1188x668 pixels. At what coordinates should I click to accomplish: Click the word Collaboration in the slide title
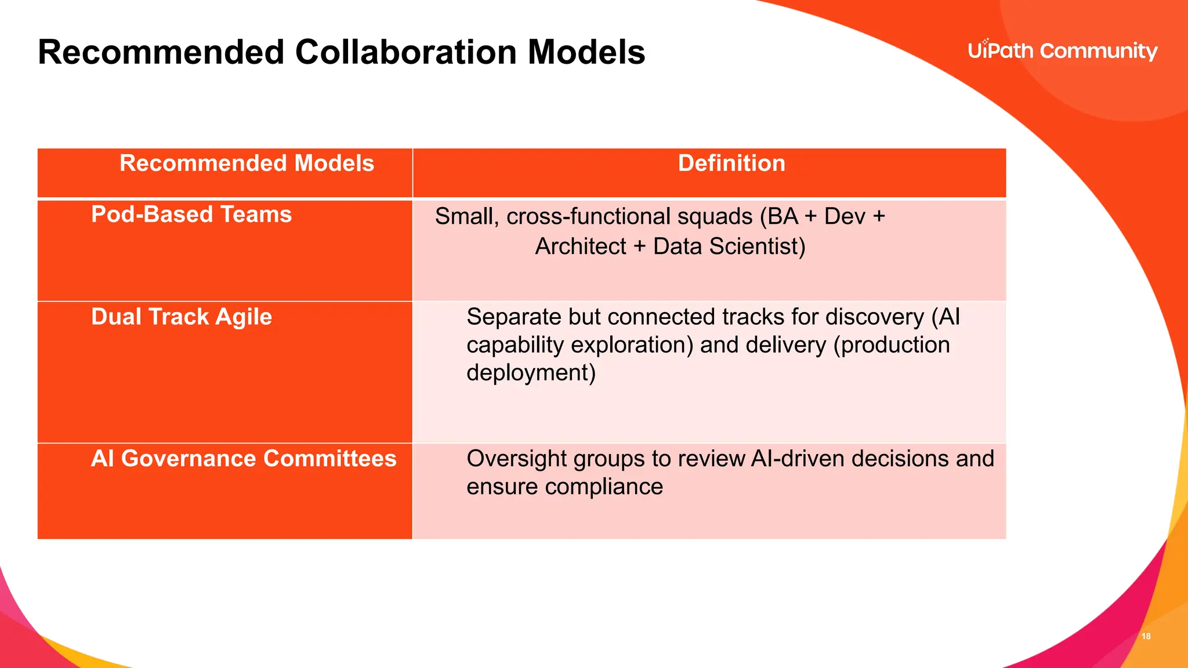(406, 52)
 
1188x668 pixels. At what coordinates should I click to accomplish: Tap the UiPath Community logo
(1062, 51)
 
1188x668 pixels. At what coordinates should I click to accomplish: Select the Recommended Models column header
(247, 164)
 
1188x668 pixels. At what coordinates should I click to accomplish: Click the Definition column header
(731, 164)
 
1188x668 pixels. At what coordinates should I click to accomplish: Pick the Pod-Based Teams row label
(191, 215)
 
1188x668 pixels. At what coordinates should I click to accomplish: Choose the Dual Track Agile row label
(182, 317)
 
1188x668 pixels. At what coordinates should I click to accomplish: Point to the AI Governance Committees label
(244, 459)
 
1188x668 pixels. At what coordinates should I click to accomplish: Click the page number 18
(1146, 636)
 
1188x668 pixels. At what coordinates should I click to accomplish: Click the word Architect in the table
(580, 246)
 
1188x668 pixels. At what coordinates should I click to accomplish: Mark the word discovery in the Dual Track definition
(874, 317)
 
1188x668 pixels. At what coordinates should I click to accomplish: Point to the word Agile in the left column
(243, 317)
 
